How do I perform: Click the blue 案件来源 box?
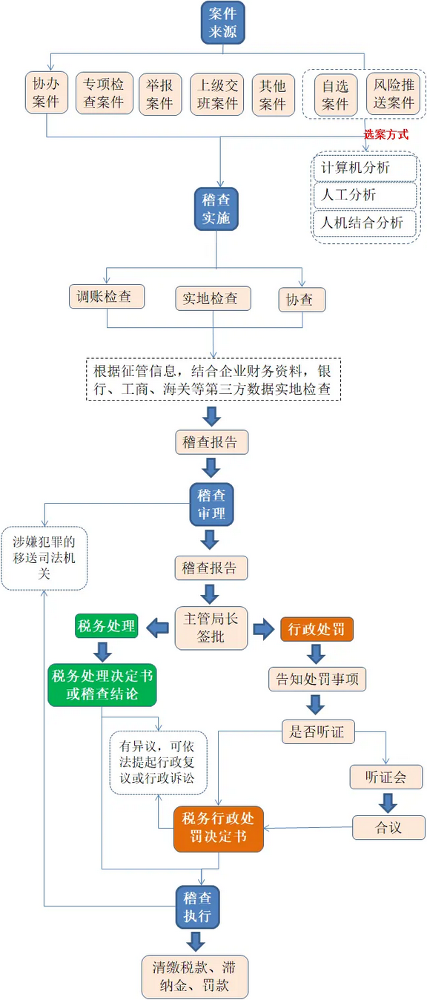pyautogui.click(x=222, y=22)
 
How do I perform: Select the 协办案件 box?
pyautogui.click(x=46, y=93)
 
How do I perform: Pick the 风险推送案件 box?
pyautogui.click(x=393, y=94)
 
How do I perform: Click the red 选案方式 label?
pyautogui.click(x=385, y=135)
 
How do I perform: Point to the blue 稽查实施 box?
pyautogui.click(x=216, y=208)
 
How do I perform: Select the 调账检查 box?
pyautogui.click(x=107, y=297)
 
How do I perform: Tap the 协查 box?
pyautogui.click(x=301, y=300)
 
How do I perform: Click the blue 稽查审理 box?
pyautogui.click(x=211, y=504)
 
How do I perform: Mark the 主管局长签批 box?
pyautogui.click(x=211, y=628)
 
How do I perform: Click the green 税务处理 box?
pyautogui.click(x=107, y=627)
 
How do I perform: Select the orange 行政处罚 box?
pyautogui.click(x=317, y=629)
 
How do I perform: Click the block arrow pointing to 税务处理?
pyautogui.click(x=157, y=628)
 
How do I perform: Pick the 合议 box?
pyautogui.click(x=388, y=827)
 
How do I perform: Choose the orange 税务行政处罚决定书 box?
pyautogui.click(x=219, y=829)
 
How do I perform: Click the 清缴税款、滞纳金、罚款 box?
pyautogui.click(x=195, y=976)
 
